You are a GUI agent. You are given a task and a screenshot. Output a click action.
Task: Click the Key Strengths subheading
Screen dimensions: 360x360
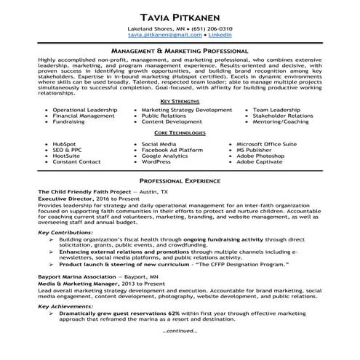(x=179, y=100)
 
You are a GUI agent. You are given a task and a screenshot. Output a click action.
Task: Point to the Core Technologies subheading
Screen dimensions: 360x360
(x=179, y=135)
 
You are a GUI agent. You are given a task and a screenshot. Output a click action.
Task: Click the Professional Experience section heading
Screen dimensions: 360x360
(x=179, y=179)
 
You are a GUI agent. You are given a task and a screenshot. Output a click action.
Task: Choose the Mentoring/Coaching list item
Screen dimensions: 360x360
(x=281, y=122)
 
